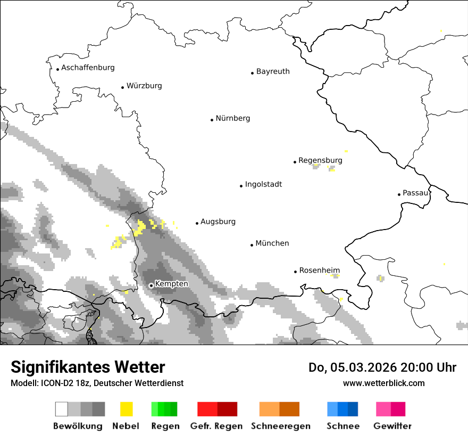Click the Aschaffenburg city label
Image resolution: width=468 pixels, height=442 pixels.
tap(88, 68)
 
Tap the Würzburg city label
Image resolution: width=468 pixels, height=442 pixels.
tap(144, 86)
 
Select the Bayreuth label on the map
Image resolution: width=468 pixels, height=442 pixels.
tap(273, 71)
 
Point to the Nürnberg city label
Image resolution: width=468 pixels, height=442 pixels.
tap(232, 118)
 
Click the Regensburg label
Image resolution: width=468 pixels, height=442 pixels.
tap(320, 160)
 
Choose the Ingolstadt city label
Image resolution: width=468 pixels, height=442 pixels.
tap(263, 184)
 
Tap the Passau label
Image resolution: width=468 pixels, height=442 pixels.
tap(415, 193)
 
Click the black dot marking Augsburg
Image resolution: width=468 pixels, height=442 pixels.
tap(197, 223)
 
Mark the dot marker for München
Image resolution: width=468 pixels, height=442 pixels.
tap(252, 245)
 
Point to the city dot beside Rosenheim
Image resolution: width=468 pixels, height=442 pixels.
tap(295, 272)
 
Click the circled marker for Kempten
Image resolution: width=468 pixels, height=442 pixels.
tap(151, 285)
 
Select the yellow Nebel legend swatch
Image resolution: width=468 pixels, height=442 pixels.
tap(127, 409)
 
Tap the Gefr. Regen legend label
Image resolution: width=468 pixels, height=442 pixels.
tap(217, 426)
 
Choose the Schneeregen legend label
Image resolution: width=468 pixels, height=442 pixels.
tap(280, 426)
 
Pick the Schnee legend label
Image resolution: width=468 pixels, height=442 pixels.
tap(342, 426)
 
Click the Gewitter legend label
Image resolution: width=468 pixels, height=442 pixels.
tap(392, 426)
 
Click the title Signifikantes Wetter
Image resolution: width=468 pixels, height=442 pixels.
tap(88, 367)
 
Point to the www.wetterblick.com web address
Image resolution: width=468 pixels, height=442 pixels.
tap(383, 383)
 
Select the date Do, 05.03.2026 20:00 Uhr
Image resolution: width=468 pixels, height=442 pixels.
tap(382, 367)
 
